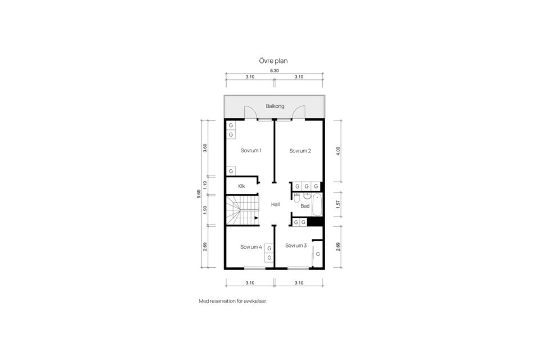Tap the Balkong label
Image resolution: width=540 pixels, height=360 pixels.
(275, 106)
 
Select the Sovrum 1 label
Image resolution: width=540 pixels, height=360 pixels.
(251, 150)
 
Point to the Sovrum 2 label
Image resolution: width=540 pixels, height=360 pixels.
(300, 150)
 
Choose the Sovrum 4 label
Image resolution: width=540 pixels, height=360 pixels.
(251, 246)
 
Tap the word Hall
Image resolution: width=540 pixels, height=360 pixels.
(275, 204)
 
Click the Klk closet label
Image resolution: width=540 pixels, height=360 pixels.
(241, 186)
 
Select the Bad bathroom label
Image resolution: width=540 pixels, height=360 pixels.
(305, 206)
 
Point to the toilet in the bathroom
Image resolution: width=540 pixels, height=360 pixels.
(296, 197)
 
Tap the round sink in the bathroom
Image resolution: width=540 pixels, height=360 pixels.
(307, 196)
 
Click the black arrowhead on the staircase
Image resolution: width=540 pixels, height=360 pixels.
(256, 218)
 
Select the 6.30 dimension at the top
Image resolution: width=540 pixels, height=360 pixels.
(274, 71)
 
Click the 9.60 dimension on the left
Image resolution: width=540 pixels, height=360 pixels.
(199, 193)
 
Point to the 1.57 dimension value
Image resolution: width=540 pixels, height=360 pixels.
(337, 205)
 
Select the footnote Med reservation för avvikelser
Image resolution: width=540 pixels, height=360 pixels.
(233, 301)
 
